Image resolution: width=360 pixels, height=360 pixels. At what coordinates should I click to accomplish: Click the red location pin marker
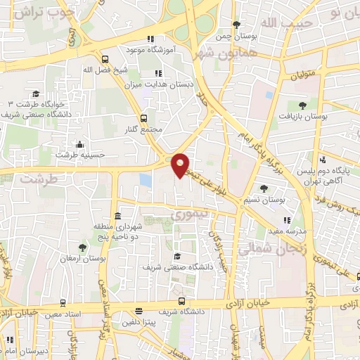point(181,164)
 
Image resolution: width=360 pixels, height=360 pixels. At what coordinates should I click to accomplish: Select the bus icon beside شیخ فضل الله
point(105,60)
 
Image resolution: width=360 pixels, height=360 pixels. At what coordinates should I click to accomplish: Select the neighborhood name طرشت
point(37,179)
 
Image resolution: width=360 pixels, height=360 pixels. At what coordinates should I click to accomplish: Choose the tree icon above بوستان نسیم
point(263,188)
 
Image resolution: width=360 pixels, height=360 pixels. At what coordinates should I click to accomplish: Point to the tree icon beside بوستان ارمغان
point(83,247)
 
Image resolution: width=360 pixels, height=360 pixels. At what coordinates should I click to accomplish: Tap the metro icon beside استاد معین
point(63,304)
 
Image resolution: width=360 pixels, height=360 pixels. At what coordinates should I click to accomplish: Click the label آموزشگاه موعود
point(148,51)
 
